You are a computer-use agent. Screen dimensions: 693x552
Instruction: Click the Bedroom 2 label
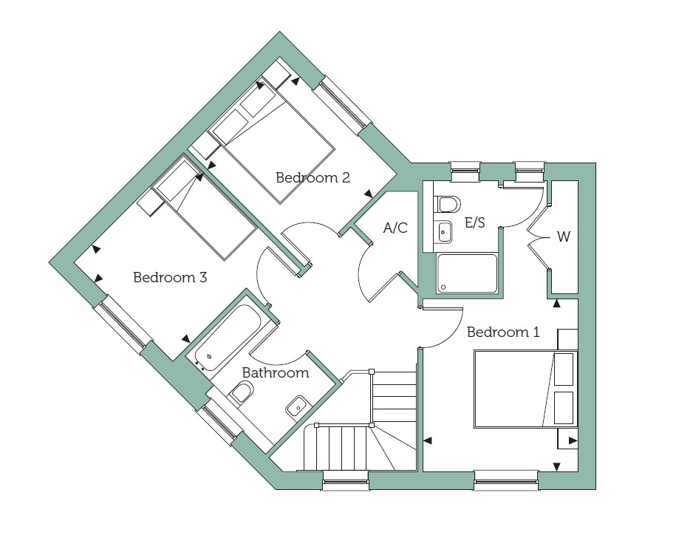[313, 177]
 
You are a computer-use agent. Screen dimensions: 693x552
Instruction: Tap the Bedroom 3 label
[170, 278]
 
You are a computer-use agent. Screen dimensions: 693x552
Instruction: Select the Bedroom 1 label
[503, 332]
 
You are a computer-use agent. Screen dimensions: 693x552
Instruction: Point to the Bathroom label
[276, 372]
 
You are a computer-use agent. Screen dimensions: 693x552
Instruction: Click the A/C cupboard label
[395, 228]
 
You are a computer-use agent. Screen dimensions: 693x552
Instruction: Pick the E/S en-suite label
[475, 222]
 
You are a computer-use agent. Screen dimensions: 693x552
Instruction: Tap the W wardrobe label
[564, 237]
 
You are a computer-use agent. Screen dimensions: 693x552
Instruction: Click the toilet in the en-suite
[448, 205]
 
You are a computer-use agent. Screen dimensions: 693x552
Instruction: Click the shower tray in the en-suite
[467, 273]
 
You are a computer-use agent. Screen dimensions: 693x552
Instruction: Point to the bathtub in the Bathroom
[225, 338]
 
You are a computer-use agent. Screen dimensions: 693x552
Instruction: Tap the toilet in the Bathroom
[241, 392]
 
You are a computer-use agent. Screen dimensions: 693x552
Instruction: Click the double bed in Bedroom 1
[525, 389]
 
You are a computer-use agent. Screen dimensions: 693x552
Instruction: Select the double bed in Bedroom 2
[271, 141]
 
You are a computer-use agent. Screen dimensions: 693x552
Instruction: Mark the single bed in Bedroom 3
[204, 210]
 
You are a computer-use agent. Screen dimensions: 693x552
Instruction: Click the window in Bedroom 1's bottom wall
[507, 480]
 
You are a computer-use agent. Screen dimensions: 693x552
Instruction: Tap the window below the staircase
[346, 480]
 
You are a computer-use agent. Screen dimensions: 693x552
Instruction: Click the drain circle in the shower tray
[443, 287]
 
